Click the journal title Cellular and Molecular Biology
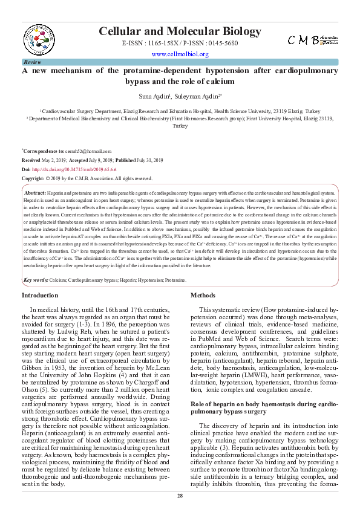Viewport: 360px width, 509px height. [x=180, y=32]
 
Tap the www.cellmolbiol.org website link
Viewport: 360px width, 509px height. [x=180, y=54]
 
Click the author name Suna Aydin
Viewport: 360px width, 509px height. [x=152, y=96]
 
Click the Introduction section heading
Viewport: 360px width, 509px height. [x=40, y=296]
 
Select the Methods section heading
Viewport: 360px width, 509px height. [x=203, y=296]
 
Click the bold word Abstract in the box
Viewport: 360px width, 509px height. [x=35, y=191]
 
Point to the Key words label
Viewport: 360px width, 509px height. [x=36, y=280]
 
